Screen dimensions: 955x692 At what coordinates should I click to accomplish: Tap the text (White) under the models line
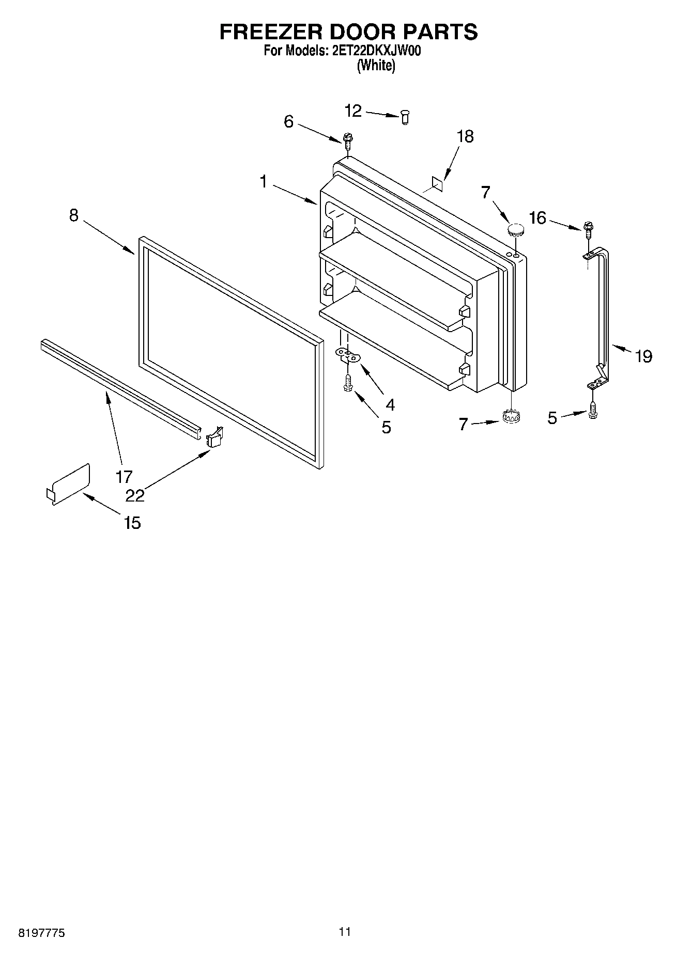376,66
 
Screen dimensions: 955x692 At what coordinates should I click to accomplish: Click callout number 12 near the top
353,110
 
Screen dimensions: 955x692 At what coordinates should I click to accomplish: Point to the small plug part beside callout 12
405,118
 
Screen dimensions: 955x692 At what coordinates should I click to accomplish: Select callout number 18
465,136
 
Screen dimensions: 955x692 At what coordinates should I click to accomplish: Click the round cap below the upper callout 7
515,229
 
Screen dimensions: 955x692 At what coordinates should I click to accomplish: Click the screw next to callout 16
588,228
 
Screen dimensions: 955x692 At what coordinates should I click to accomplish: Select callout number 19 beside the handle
643,356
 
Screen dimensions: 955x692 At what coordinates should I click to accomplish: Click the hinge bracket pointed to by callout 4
348,354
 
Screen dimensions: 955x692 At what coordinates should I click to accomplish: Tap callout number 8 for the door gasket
74,215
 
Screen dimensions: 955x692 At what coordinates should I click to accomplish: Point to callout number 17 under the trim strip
124,476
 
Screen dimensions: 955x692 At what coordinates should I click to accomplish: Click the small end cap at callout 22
214,436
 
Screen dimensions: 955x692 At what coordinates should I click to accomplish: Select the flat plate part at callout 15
69,483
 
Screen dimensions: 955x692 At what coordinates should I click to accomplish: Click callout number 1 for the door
264,182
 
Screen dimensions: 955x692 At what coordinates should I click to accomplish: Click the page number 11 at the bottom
345,931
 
